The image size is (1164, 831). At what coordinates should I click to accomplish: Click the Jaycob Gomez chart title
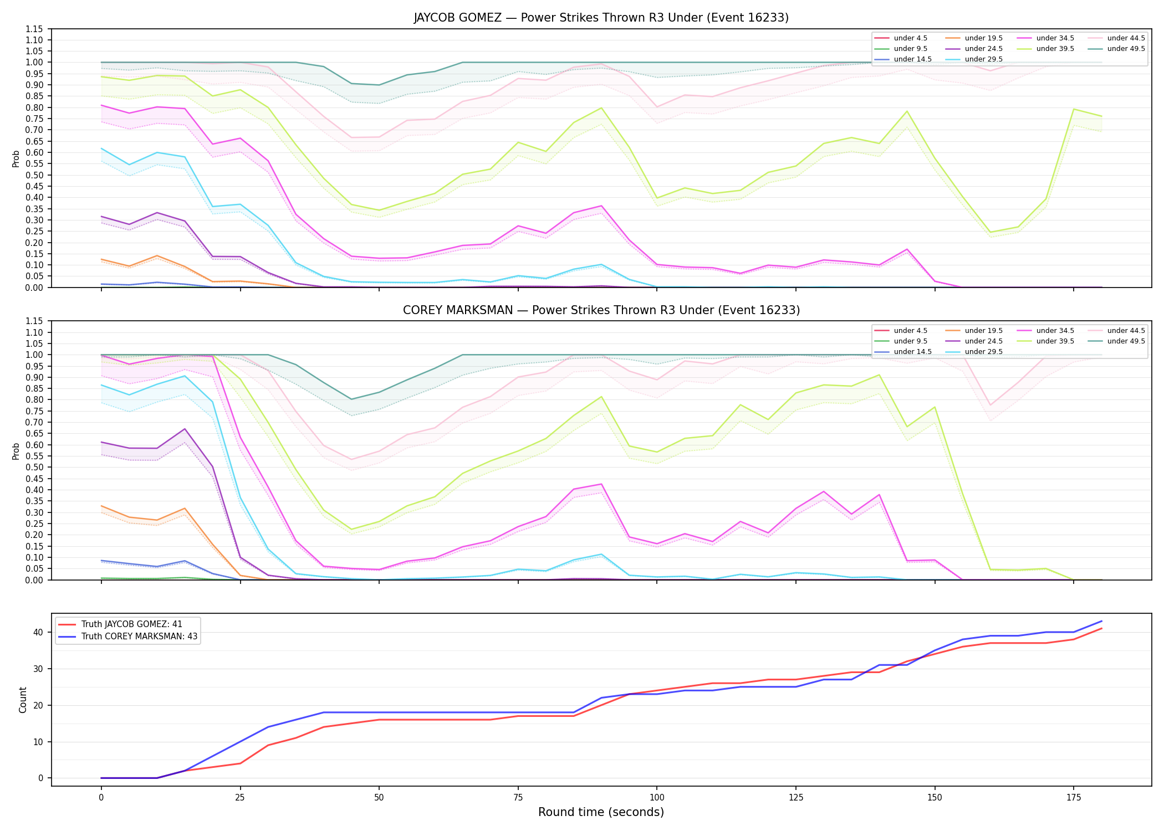click(601, 18)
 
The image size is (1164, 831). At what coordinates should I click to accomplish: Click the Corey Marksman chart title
click(601, 310)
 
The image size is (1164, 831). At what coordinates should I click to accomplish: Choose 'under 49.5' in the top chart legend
click(1126, 49)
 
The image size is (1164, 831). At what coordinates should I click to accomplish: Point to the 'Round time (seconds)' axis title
click(601, 812)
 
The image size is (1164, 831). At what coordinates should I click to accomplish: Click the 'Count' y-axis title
click(23, 700)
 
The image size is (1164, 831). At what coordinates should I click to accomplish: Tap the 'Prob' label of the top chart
click(16, 158)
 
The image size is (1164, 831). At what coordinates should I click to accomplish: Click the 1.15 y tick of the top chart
click(35, 29)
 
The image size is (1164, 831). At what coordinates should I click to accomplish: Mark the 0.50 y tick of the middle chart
click(35, 467)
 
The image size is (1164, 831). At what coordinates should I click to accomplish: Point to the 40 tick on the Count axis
click(38, 632)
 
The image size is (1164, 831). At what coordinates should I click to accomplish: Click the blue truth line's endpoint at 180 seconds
click(1101, 621)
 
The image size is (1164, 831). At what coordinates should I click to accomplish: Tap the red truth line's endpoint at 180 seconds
click(1101, 628)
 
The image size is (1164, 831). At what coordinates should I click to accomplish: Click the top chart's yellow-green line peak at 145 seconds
click(907, 111)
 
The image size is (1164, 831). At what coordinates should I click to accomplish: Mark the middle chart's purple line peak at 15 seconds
click(185, 429)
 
